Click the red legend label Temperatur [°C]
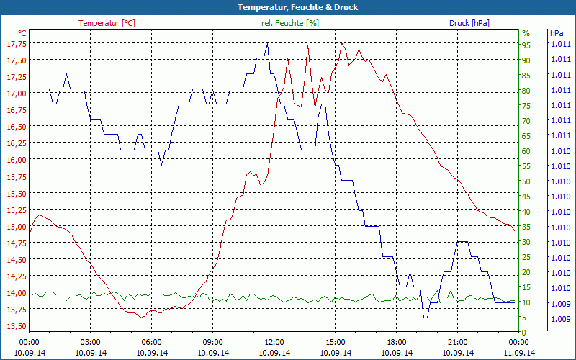click(107, 23)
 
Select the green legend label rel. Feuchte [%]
click(290, 23)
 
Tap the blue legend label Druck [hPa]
click(469, 23)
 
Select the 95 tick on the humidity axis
click(526, 45)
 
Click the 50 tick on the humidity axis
click(526, 181)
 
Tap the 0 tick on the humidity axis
click(524, 333)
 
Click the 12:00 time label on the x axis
click(274, 342)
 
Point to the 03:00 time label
click(91, 342)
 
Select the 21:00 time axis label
click(458, 342)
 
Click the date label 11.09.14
click(519, 353)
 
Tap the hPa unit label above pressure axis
click(557, 33)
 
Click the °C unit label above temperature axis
click(22, 33)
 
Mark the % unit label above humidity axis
click(526, 33)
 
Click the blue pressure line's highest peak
click(267, 43)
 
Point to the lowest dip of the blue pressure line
click(426, 317)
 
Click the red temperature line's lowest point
click(142, 317)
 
